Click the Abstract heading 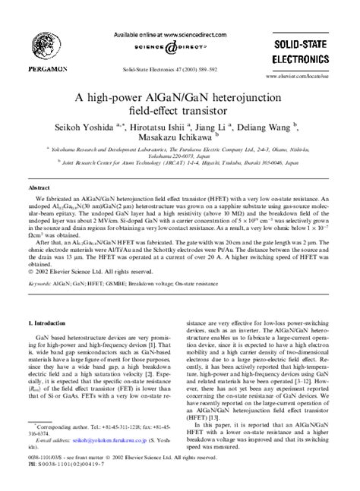[x=40, y=185]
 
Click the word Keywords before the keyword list [x=41, y=304]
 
